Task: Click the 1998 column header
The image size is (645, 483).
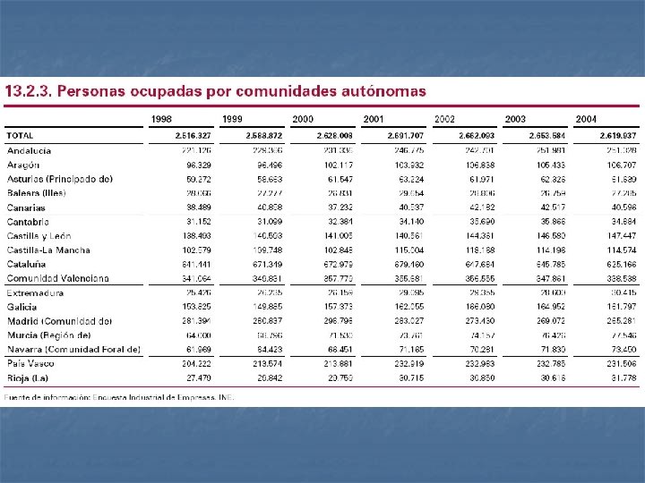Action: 162,119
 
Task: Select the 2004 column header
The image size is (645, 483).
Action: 587,119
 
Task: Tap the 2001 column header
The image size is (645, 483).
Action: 374,119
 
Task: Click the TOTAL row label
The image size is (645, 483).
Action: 20,136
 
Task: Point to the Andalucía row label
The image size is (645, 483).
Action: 29,150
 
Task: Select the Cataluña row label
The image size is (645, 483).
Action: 27,264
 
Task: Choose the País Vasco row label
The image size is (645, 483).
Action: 30,364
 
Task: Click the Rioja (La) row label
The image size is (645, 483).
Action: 28,377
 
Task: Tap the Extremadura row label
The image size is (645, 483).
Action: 35,292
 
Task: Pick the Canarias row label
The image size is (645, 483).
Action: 26,208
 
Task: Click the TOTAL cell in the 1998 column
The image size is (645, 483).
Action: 193,136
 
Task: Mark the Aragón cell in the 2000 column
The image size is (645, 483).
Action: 337,165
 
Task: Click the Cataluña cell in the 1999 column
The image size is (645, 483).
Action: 266,265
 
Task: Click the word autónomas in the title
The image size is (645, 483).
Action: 382,91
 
